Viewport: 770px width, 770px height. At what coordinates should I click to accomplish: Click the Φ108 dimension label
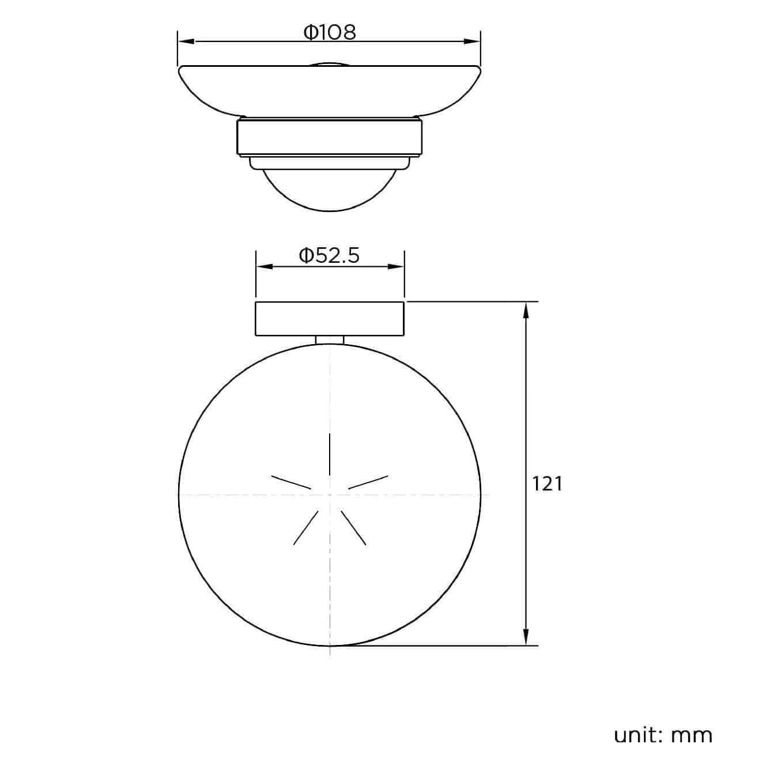(330, 32)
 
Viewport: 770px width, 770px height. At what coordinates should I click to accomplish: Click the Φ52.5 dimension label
(329, 255)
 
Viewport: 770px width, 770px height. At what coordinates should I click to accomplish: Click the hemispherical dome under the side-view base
(330, 190)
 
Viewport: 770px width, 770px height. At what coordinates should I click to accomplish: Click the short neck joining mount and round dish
(330, 340)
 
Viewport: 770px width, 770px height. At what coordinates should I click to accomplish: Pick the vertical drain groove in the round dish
(329, 454)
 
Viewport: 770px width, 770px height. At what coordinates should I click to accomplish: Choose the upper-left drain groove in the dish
(291, 482)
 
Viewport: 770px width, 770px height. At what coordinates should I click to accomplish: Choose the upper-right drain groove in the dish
(368, 482)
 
